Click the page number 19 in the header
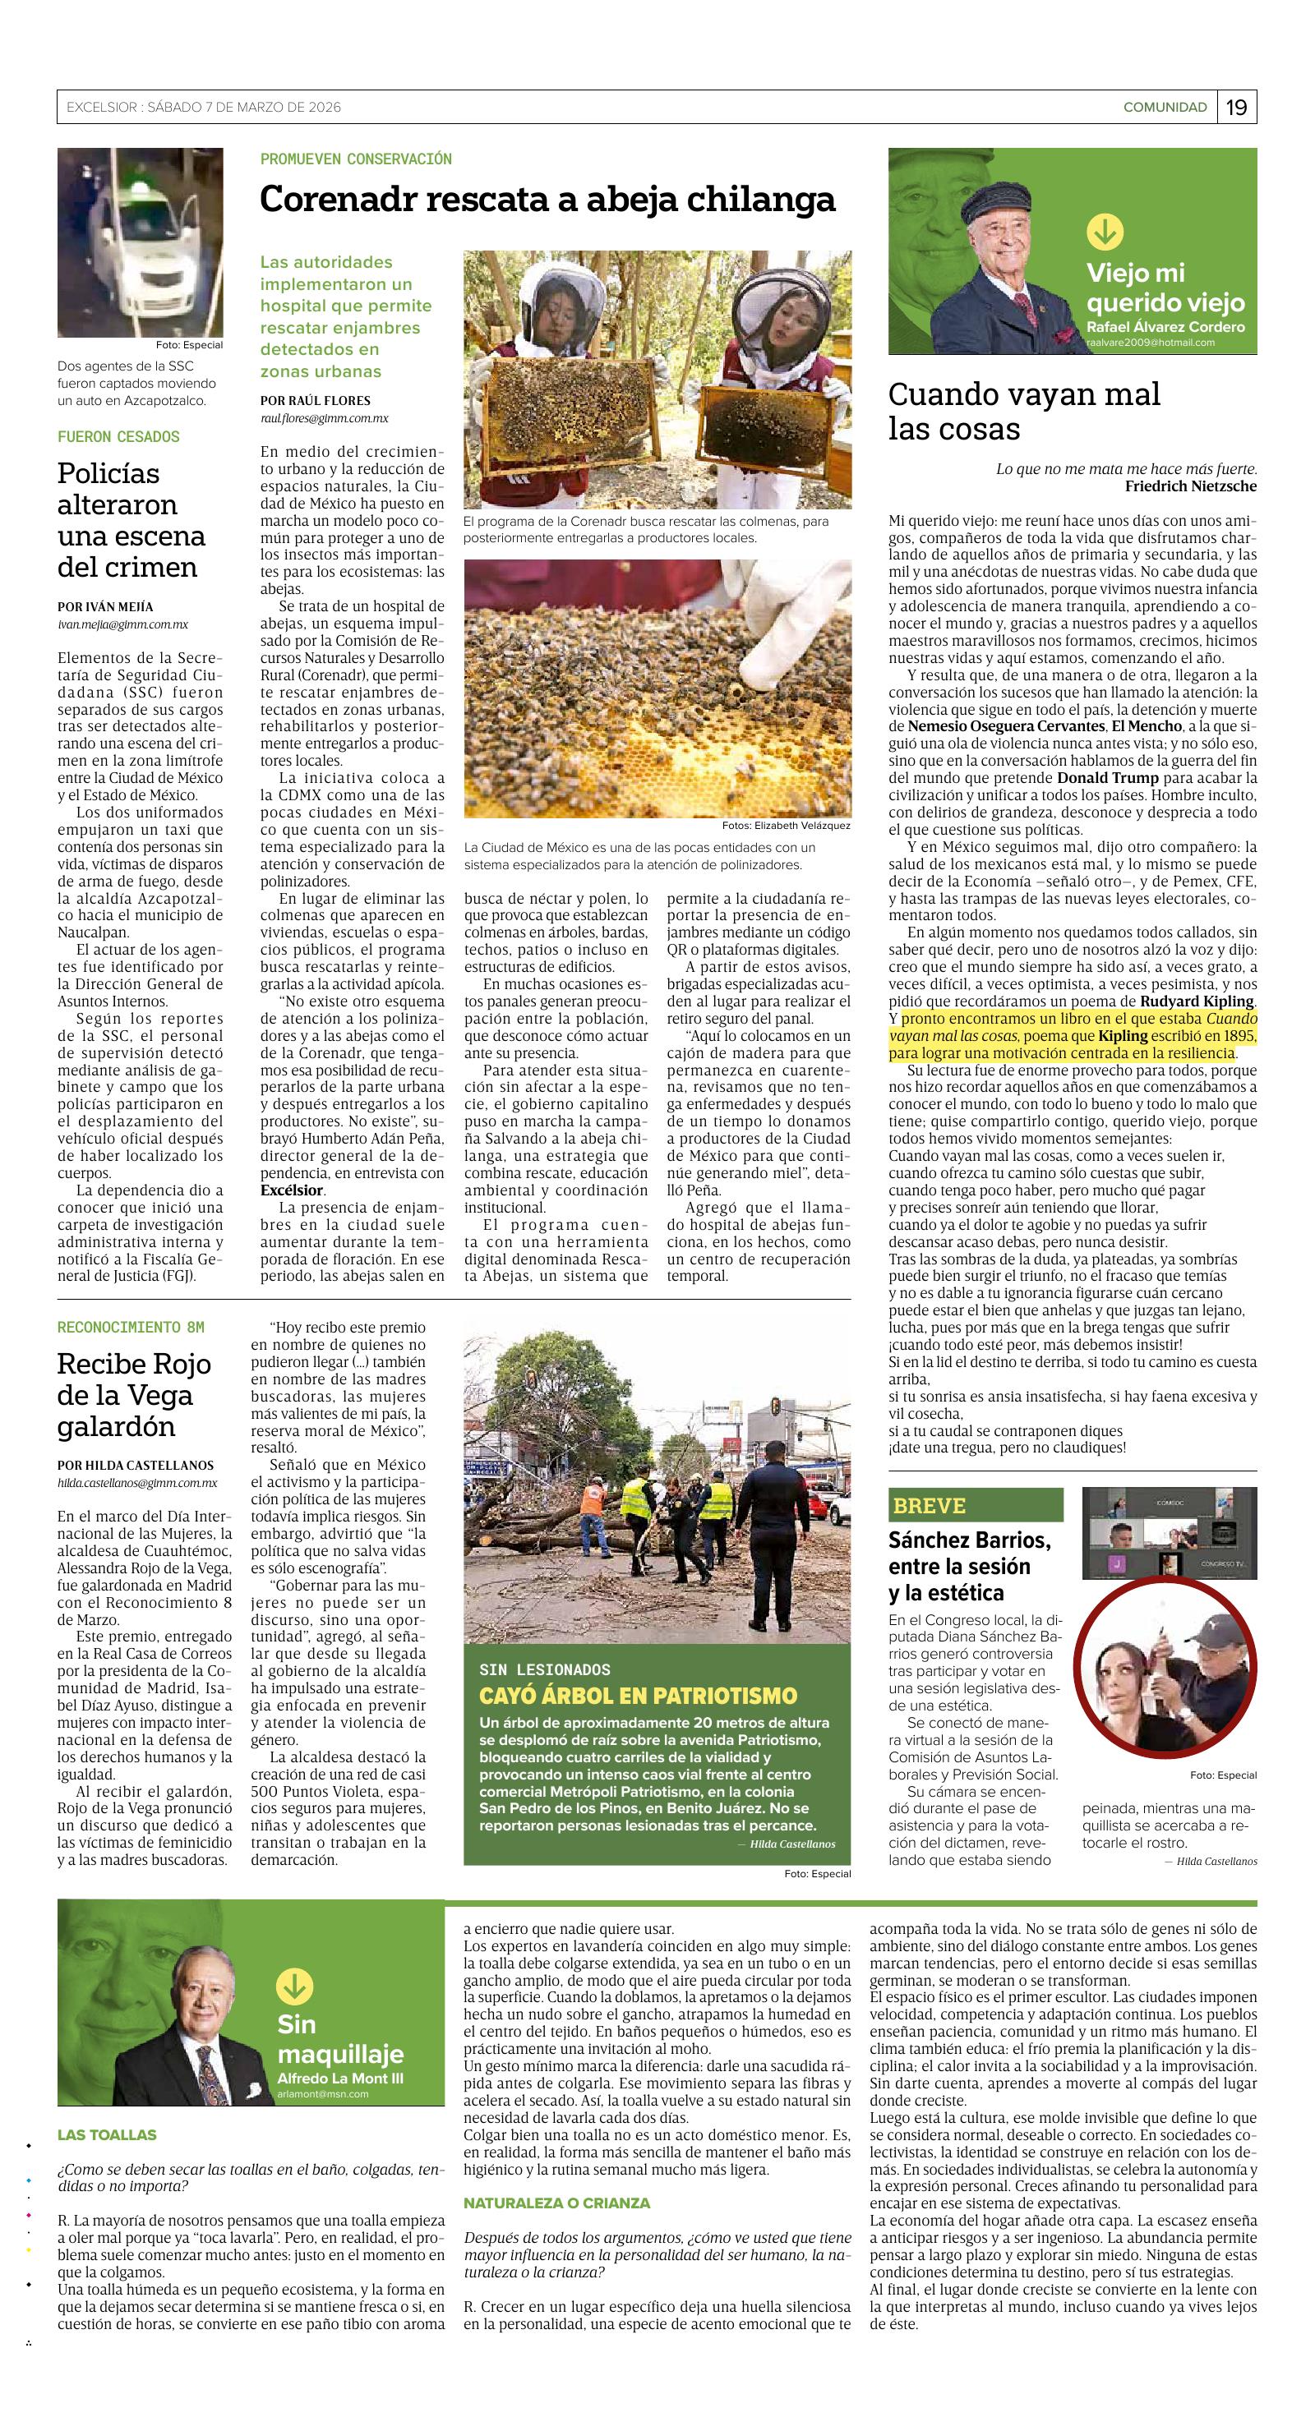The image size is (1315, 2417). pyautogui.click(x=1236, y=107)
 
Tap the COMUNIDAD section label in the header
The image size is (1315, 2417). pyautogui.click(x=1164, y=107)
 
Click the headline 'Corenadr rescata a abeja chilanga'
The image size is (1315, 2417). pyautogui.click(x=547, y=200)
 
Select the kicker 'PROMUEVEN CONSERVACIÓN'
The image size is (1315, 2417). pyautogui.click(x=356, y=159)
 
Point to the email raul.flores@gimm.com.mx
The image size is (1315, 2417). pyautogui.click(x=324, y=418)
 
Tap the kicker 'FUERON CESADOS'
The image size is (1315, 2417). pyautogui.click(x=118, y=436)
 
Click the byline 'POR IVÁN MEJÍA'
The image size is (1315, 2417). pyautogui.click(x=105, y=606)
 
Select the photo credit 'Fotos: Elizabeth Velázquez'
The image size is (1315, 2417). pyautogui.click(x=786, y=826)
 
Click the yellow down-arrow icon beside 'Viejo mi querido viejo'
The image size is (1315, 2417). pyautogui.click(x=1105, y=232)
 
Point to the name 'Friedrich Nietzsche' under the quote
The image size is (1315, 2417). pyautogui.click(x=1190, y=486)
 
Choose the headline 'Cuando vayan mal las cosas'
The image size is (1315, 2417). pyautogui.click(x=1024, y=411)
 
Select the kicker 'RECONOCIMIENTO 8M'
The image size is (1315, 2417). pyautogui.click(x=131, y=1327)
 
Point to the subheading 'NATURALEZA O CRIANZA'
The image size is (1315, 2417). pyautogui.click(x=556, y=2202)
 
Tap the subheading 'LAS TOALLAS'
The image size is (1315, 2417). pyautogui.click(x=107, y=2134)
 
